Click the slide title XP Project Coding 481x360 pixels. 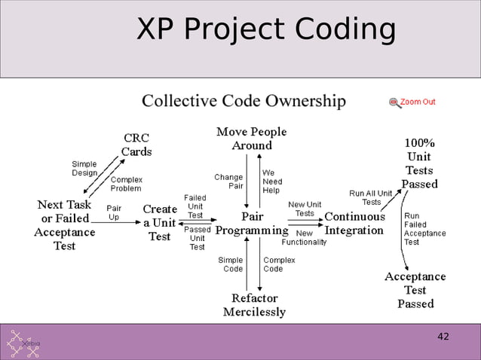266,30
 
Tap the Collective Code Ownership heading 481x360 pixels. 244,101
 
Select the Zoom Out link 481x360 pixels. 417,102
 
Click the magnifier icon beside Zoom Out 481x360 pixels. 394,102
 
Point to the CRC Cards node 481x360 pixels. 136,145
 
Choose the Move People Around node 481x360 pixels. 251,139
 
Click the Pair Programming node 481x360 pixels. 252,224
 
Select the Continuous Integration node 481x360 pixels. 354,223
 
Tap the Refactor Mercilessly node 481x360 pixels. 254,305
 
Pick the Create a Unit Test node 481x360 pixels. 159,223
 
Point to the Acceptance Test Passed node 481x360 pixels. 415,290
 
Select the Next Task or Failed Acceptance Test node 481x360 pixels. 64,225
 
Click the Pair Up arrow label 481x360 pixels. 114,212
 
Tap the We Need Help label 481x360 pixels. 272,181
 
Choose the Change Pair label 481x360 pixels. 228,181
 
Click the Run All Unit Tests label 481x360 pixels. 370,197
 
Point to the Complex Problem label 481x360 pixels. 126,184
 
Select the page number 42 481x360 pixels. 443,336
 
